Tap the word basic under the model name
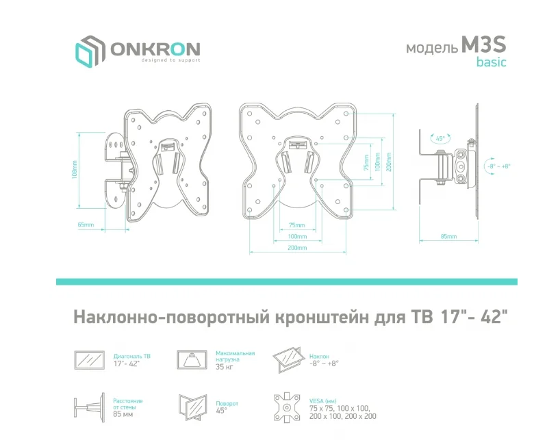(x=492, y=63)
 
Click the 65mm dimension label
(x=86, y=225)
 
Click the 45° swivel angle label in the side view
(x=440, y=138)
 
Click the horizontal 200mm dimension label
(x=296, y=248)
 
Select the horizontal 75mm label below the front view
(x=296, y=225)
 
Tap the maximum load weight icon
(x=192, y=359)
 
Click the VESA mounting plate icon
(x=288, y=408)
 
